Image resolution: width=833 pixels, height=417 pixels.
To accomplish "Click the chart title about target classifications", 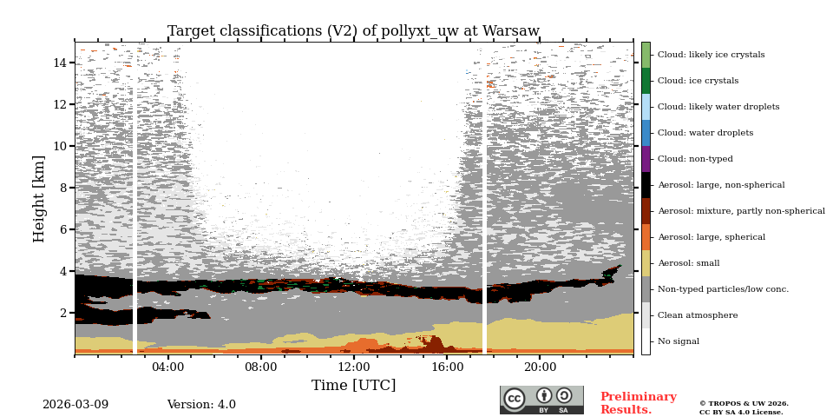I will [353, 31].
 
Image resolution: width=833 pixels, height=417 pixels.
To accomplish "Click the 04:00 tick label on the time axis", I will [167, 367].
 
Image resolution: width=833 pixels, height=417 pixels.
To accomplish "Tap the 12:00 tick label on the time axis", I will [354, 367].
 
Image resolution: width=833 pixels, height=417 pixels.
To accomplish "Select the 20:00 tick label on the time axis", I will [540, 367].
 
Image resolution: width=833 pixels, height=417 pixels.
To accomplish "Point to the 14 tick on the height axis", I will [60, 63].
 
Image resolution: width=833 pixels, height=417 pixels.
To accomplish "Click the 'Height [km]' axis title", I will [40, 198].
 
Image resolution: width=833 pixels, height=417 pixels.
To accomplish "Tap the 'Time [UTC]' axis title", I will [353, 385].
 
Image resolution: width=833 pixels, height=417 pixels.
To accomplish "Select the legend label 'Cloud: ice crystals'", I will [698, 81].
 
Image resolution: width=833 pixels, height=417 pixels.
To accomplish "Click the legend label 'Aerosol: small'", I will [688, 263].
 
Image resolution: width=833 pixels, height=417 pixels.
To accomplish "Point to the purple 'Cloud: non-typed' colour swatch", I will [646, 159].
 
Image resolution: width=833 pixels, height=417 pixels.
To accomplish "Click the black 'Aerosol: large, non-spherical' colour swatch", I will [646, 185].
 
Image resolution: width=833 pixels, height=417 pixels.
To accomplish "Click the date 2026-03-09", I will [75, 405].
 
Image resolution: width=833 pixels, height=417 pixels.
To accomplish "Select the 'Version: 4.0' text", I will [201, 405].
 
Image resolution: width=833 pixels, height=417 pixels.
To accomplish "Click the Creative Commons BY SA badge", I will [541, 400].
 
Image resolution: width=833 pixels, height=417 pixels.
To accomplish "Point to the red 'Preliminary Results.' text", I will [638, 403].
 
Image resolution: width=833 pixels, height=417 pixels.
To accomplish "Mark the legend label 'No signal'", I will [678, 341].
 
